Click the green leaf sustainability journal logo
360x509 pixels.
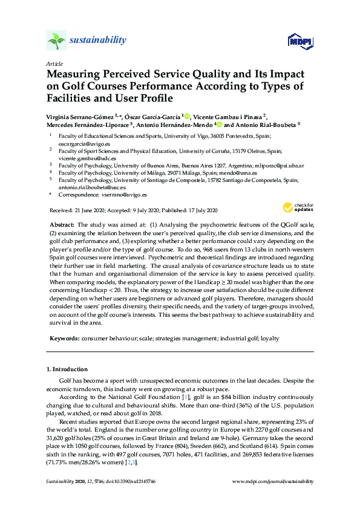click(56, 41)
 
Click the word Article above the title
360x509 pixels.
click(54, 63)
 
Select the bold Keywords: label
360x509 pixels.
click(64, 339)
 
